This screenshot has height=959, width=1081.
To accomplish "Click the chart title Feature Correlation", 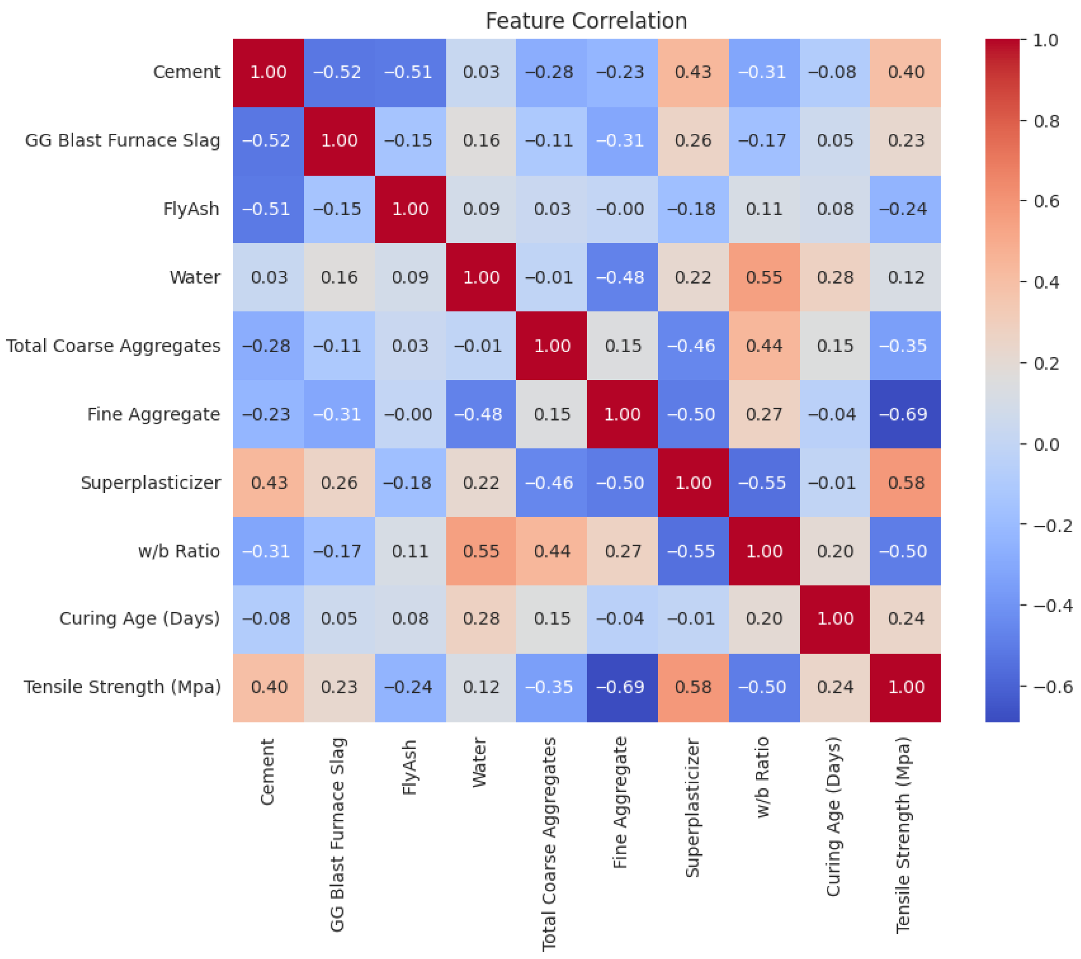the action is (586, 21).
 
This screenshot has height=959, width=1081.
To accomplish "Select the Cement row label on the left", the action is (186, 72).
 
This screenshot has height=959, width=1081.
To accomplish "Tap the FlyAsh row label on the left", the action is (191, 209).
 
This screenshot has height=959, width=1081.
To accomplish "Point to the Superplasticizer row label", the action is (150, 482).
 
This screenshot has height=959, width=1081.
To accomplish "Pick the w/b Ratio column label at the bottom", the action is (763, 778).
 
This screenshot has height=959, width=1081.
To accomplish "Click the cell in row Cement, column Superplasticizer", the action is (693, 72).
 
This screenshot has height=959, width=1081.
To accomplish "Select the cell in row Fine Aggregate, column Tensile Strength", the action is (906, 414).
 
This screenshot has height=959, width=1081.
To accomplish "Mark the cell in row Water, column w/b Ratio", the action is (764, 277).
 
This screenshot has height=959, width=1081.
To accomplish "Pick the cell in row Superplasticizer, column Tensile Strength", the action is (906, 482).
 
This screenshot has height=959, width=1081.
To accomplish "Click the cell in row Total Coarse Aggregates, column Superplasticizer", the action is (693, 346).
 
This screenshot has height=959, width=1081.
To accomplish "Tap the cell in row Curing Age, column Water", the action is (481, 619).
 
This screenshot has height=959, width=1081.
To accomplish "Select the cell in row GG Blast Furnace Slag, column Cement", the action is (268, 141).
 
